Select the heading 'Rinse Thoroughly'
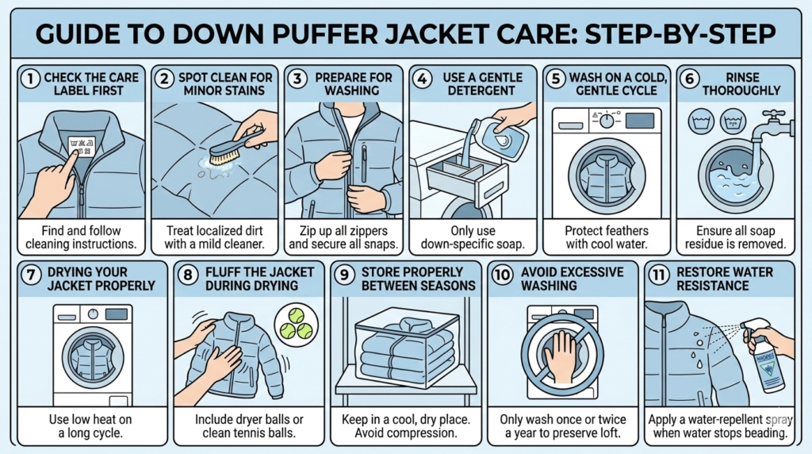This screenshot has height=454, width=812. [741, 84]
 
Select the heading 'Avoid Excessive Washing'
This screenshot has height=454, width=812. [570, 279]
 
